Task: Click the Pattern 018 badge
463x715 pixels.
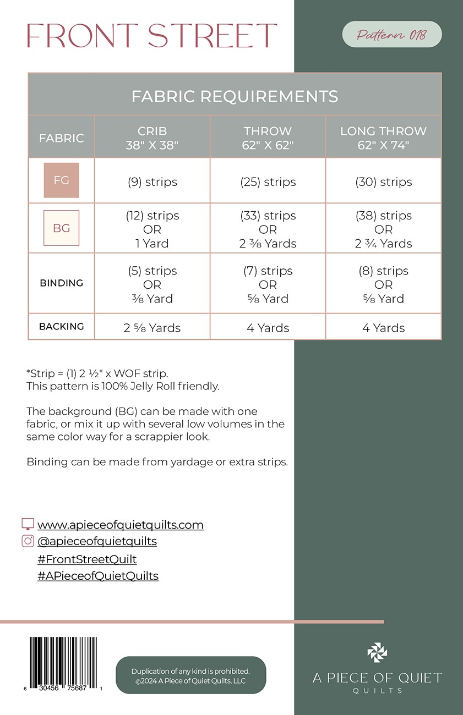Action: (x=391, y=35)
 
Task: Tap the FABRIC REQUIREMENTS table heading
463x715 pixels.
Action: (x=235, y=97)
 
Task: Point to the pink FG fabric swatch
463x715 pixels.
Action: (x=62, y=180)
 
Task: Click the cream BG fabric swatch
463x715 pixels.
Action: (x=62, y=228)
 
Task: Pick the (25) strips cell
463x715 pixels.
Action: (x=268, y=182)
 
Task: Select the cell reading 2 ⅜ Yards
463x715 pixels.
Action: (x=268, y=244)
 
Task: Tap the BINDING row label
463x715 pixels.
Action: (x=62, y=283)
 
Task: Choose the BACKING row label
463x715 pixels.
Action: (x=62, y=327)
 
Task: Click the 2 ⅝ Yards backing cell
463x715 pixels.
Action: (x=152, y=328)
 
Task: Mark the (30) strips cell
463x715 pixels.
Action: (x=383, y=182)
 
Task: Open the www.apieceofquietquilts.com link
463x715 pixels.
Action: (x=121, y=525)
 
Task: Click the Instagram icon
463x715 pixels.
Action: (x=28, y=541)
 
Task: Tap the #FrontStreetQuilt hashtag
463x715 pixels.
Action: (x=87, y=559)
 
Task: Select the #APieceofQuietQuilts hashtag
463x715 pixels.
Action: (x=98, y=576)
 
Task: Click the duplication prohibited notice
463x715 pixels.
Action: (x=190, y=676)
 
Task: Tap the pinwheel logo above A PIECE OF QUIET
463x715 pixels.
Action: (x=377, y=653)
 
